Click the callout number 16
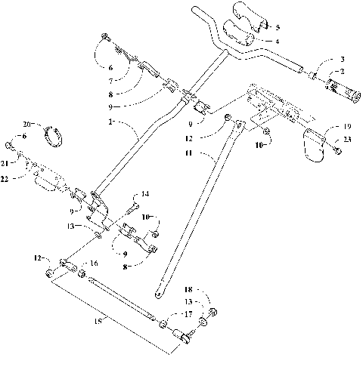(x=94, y=264)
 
